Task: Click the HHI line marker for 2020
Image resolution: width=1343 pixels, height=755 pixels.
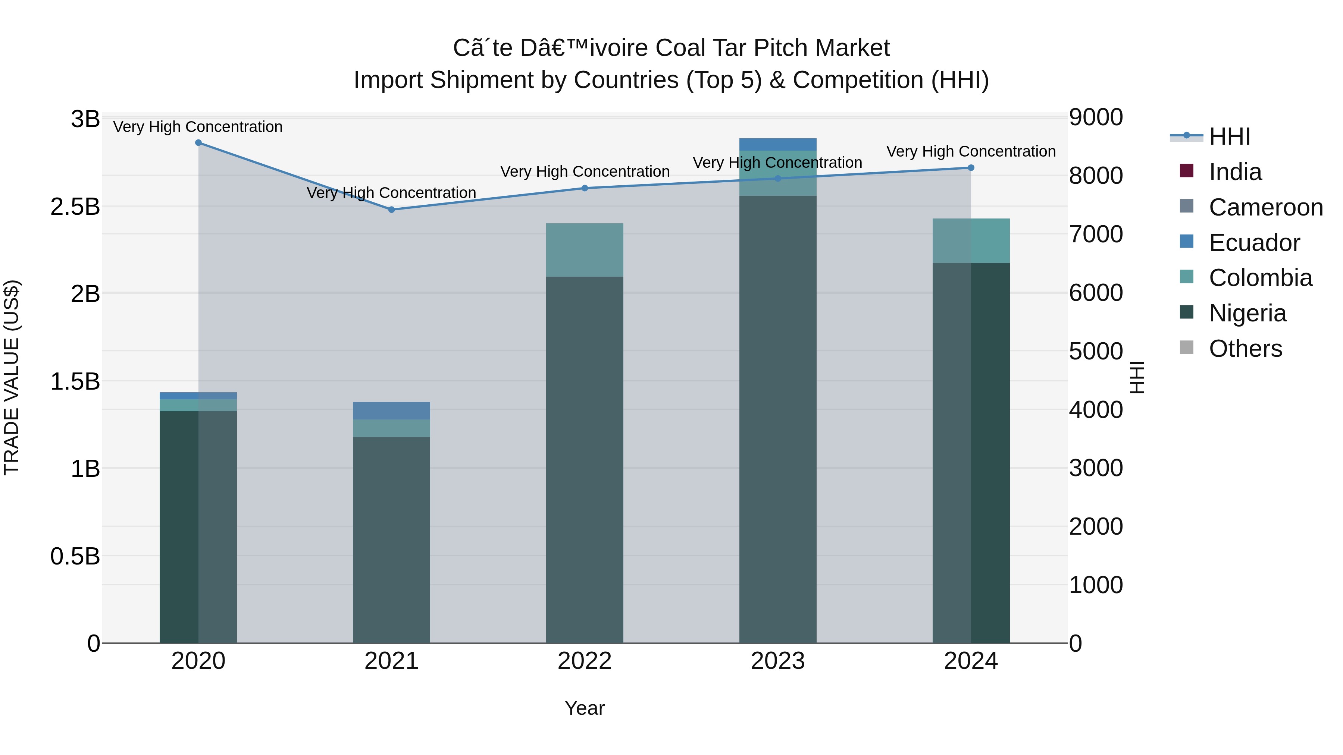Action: point(198,143)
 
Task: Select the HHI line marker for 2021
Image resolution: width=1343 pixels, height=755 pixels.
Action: point(392,210)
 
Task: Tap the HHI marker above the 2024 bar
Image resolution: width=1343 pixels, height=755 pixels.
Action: point(971,168)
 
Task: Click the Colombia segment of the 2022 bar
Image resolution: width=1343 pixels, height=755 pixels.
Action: point(585,250)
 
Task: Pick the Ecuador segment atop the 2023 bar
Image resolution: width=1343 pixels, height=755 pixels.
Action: point(778,144)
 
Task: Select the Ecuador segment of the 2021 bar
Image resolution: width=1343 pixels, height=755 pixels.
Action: point(392,410)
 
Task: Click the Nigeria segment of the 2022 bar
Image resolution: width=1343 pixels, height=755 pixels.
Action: point(585,459)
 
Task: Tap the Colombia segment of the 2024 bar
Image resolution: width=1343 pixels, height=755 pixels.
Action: point(971,241)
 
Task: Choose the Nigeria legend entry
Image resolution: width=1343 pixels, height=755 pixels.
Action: point(1247,313)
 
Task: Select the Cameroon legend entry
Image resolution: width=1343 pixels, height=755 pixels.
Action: point(1265,207)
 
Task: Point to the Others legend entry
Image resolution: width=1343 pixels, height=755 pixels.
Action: point(1245,349)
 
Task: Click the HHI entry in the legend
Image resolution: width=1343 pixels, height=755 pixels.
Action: point(1229,136)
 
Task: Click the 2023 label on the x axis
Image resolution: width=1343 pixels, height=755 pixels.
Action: point(778,661)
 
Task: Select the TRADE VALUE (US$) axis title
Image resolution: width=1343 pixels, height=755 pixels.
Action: point(12,377)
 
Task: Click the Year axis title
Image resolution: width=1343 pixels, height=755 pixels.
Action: point(585,708)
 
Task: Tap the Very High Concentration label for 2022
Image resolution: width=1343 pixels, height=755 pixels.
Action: point(585,172)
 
